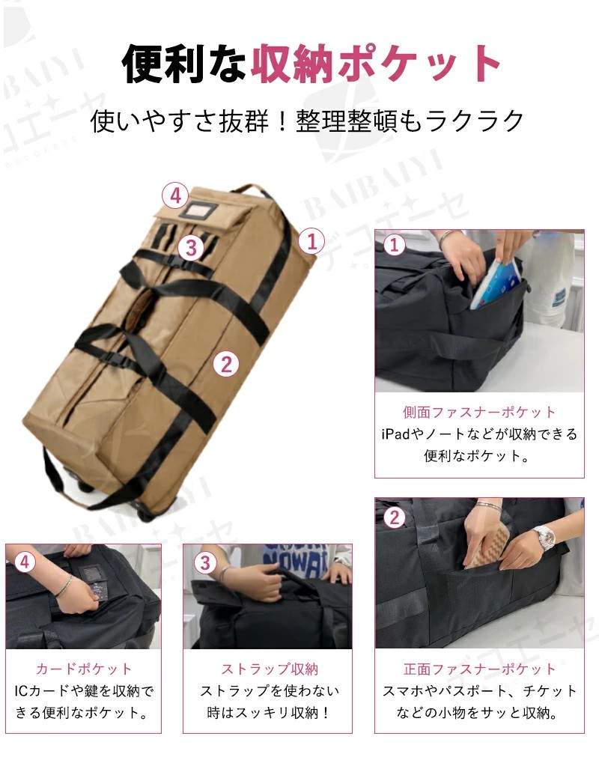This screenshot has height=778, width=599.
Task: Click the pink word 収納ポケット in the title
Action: (x=376, y=64)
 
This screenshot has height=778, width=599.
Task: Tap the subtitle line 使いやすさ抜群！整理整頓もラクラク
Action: (x=307, y=121)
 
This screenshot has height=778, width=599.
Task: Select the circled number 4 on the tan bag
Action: (x=175, y=196)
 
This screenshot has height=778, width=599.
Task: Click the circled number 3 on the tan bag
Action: (x=192, y=247)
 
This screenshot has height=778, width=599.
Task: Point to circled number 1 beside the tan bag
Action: (x=312, y=242)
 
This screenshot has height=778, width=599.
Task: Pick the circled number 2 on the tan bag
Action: (x=226, y=364)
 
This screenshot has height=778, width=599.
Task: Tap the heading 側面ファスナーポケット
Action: (x=479, y=412)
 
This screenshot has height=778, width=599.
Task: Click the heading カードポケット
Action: (x=83, y=669)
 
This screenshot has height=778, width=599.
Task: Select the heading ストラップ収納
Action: (x=269, y=669)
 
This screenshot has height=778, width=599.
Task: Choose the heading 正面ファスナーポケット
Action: (x=479, y=669)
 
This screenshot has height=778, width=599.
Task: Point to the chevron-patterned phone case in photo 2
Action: (x=488, y=546)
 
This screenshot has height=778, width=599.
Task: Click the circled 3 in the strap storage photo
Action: (x=205, y=562)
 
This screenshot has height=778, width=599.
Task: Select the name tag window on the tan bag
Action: (x=198, y=211)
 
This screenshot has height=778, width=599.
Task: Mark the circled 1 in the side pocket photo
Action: (x=395, y=245)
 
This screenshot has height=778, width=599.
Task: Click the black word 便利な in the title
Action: (x=184, y=64)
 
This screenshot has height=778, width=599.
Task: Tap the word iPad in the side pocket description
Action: (x=396, y=434)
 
